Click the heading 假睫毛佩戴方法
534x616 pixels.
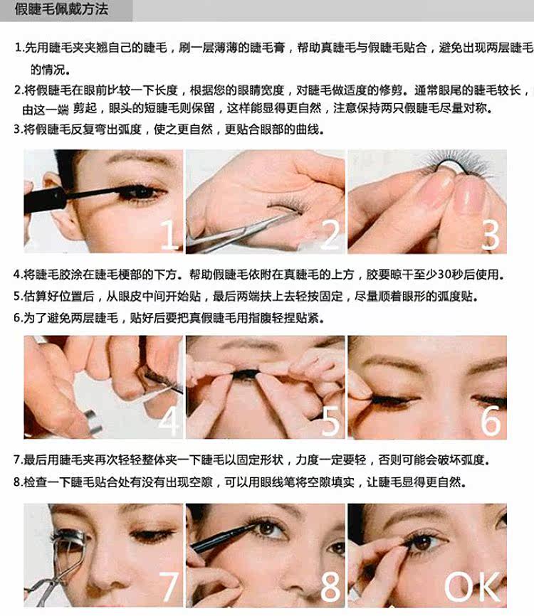[x=61, y=9]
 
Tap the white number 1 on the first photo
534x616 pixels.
[x=169, y=235]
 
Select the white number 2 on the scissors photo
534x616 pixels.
[x=330, y=235]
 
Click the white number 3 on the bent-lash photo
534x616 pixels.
[x=491, y=235]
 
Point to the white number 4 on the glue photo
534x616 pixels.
[x=169, y=421]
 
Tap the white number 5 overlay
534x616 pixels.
[x=330, y=421]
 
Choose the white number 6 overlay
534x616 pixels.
[x=491, y=421]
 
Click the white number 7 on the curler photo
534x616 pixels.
[x=169, y=586]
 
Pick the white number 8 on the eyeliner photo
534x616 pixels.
[x=330, y=586]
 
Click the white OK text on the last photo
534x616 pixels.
[x=472, y=586]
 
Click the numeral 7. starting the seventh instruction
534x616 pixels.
[x=18, y=460]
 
